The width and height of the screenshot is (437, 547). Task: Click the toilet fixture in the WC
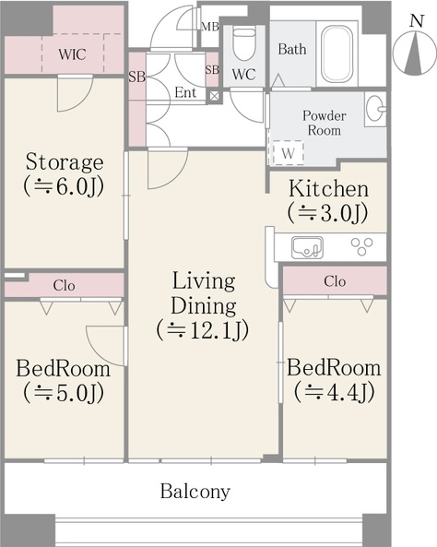pos(244,44)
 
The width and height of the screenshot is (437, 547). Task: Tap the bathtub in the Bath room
pos(337,54)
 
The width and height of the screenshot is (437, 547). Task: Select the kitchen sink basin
pos(307,248)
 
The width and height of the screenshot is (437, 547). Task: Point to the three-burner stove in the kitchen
pos(361,245)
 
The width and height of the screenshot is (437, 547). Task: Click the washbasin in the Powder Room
pos(376,109)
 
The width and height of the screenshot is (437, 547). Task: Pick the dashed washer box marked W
pos(288,152)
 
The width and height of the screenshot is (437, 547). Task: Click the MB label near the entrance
pos(210,27)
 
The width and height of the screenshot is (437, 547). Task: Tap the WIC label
pos(72,54)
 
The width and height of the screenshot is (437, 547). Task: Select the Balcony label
pos(195,491)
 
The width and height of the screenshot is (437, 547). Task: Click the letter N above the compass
pos(417,21)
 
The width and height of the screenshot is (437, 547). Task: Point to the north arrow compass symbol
pos(415,53)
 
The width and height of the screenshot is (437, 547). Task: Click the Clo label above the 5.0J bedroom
pos(64,286)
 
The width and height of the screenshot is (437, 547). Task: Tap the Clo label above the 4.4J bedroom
pos(335,281)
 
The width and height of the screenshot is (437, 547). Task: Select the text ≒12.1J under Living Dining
pos(203,329)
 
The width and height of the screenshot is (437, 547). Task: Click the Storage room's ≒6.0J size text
pos(64,187)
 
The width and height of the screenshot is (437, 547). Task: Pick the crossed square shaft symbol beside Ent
pos(213,96)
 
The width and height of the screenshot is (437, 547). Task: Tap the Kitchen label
pos(328,189)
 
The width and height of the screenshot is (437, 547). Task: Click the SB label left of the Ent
pos(136,77)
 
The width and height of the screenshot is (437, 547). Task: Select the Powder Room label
pos(325,123)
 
